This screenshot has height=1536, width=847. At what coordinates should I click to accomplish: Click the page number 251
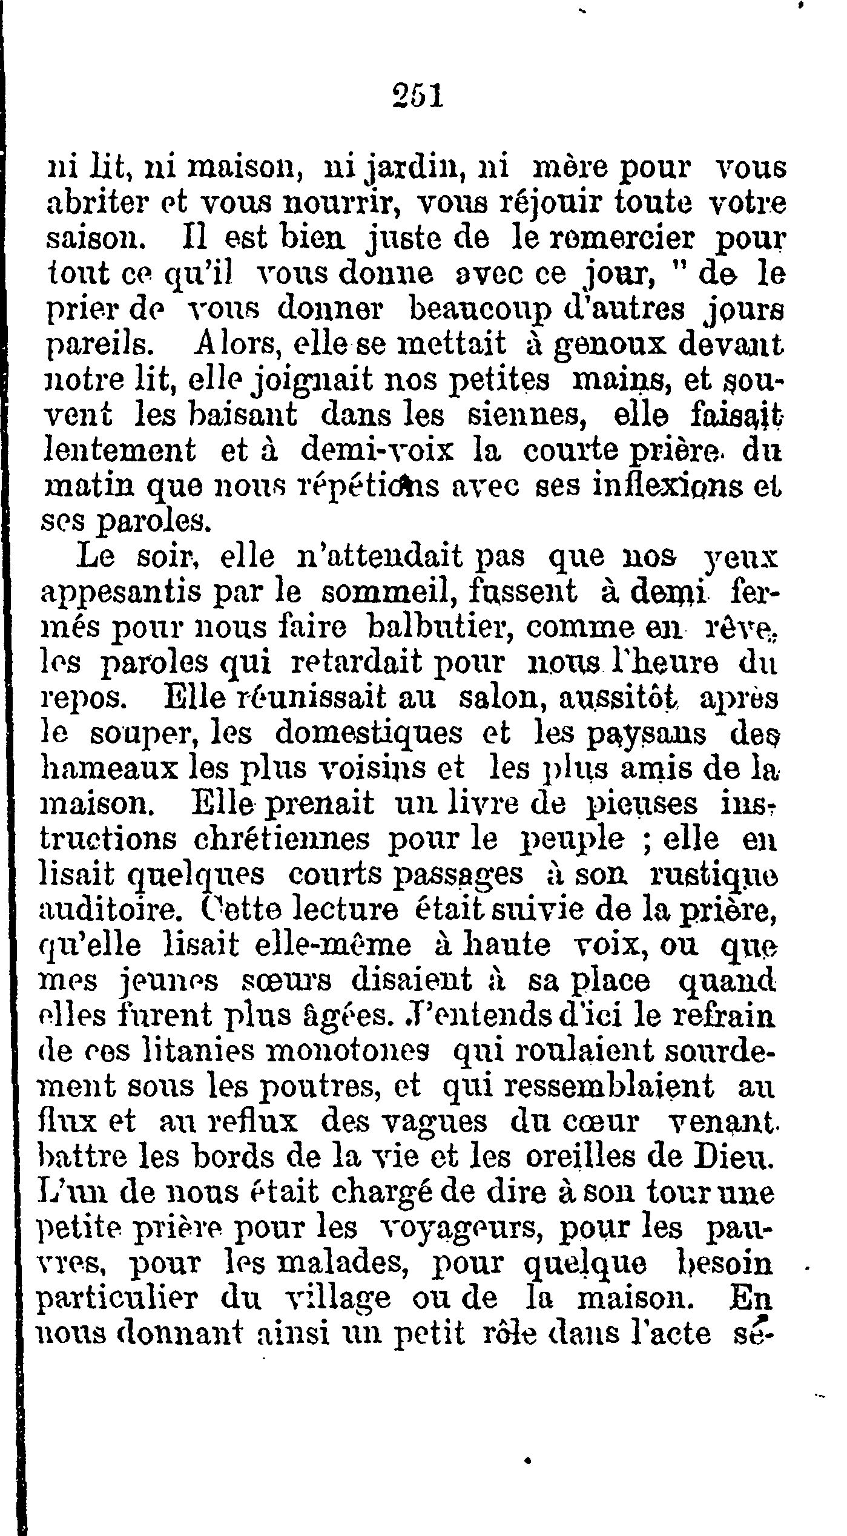pyautogui.click(x=418, y=96)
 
